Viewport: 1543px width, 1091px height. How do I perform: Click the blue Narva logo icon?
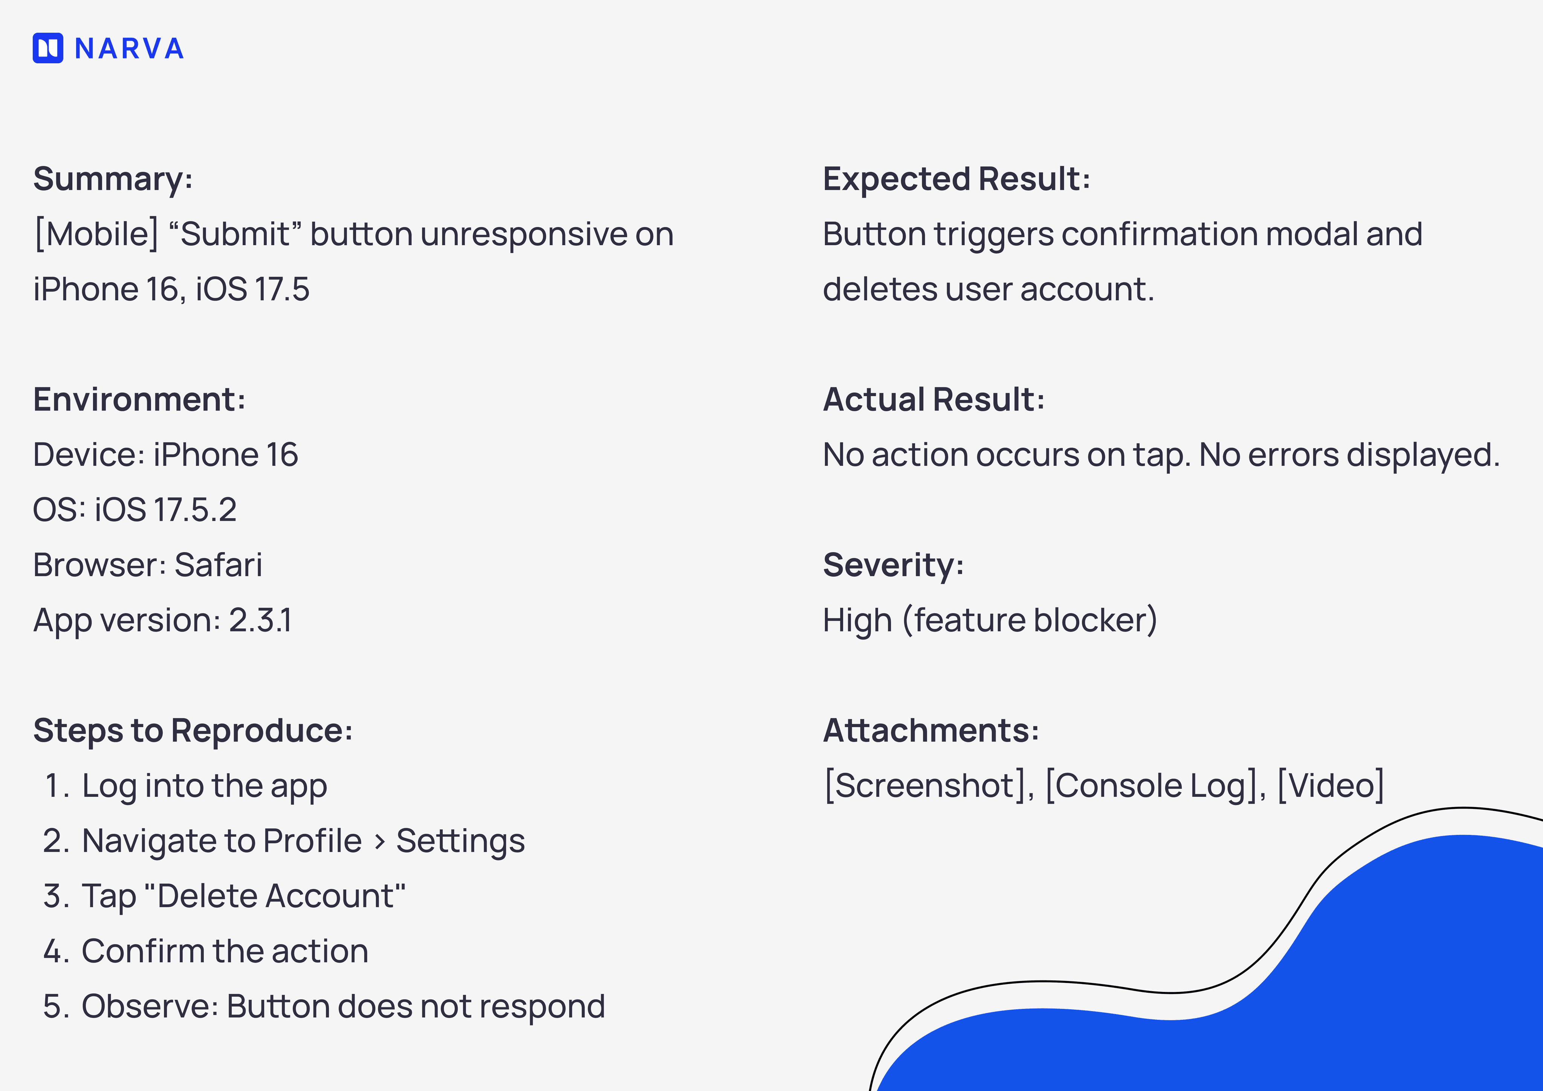coord(48,48)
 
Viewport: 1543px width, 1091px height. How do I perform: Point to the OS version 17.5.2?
coord(195,510)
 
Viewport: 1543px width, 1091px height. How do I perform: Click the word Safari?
coord(218,565)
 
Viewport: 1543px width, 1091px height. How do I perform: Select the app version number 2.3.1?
coord(260,620)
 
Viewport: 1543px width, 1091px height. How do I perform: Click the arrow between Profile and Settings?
coord(380,842)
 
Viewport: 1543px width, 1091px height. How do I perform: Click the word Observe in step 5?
coord(150,1006)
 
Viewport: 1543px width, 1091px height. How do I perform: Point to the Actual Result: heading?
coord(933,400)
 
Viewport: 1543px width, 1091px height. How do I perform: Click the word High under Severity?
coord(857,620)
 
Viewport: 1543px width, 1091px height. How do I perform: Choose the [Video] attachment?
coord(1330,785)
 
